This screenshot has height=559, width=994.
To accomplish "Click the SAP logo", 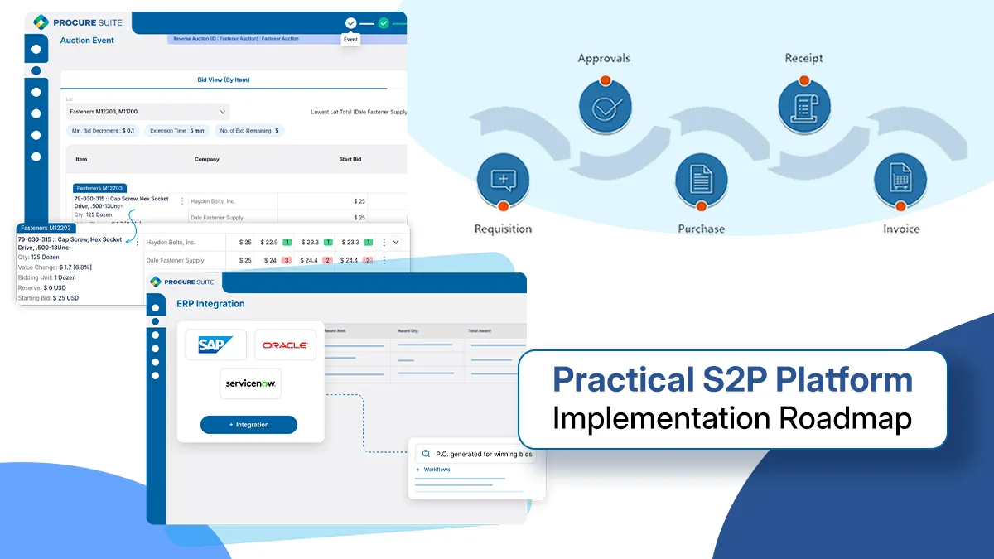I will [215, 345].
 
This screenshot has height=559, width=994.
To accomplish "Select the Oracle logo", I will [284, 345].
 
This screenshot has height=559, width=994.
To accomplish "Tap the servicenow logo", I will [250, 384].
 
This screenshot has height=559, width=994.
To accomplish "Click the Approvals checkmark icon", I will [606, 108].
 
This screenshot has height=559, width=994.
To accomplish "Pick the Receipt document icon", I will [804, 108].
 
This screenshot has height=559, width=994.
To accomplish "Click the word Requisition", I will [503, 229].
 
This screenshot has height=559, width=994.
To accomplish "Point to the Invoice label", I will [900, 229].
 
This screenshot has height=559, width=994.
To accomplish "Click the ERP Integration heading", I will [210, 304].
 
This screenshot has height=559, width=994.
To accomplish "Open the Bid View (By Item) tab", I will [223, 80].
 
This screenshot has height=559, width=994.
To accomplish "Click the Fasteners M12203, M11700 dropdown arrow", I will [223, 112].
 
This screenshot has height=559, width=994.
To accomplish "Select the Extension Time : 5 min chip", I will [177, 131].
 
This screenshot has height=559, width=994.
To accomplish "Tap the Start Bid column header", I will [350, 159].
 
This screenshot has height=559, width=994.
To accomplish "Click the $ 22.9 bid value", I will [268, 243].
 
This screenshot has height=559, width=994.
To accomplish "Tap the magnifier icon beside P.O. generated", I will [426, 454].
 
